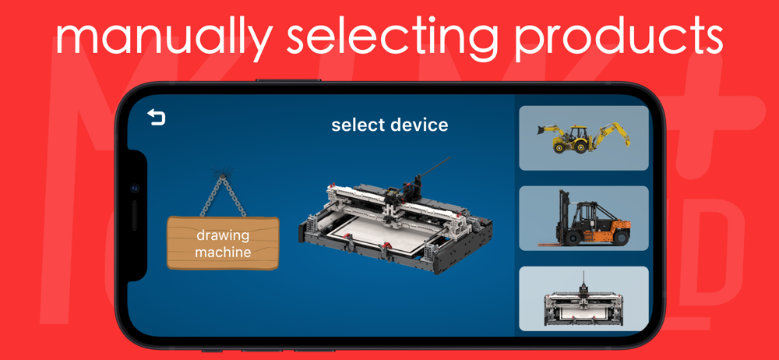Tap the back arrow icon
click(157, 118)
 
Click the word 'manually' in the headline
click(164, 38)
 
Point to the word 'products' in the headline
click(619, 38)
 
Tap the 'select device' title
click(389, 125)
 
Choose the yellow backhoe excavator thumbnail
click(583, 138)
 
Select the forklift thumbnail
click(583, 218)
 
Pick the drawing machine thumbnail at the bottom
click(583, 299)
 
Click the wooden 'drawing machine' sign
click(223, 243)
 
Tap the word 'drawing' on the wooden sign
click(223, 235)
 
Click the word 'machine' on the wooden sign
click(223, 252)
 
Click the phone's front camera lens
click(134, 189)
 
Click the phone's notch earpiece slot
click(134, 215)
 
